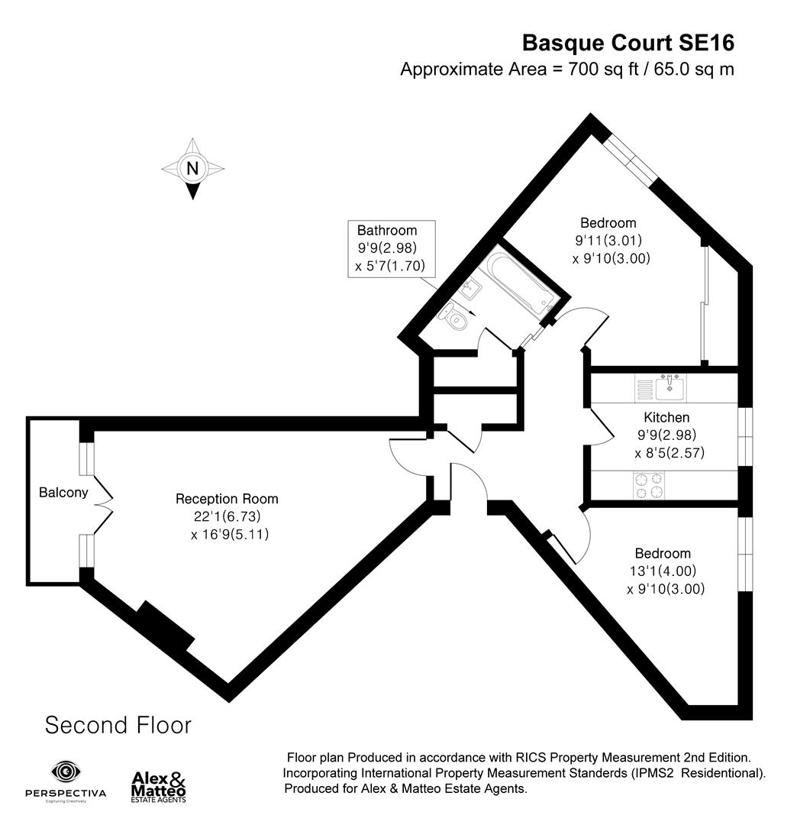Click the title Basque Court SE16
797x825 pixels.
click(628, 41)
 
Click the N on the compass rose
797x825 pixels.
click(193, 168)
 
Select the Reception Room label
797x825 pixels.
click(227, 499)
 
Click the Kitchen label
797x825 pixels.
click(666, 417)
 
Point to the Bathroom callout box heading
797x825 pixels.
click(387, 230)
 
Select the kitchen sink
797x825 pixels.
click(668, 389)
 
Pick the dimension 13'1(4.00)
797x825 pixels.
click(662, 571)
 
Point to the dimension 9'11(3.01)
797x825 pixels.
click(608, 241)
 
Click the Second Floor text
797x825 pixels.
click(118, 724)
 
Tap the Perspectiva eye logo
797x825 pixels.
click(65, 772)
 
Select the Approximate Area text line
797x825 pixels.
click(567, 69)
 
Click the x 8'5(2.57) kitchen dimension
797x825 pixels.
click(669, 453)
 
